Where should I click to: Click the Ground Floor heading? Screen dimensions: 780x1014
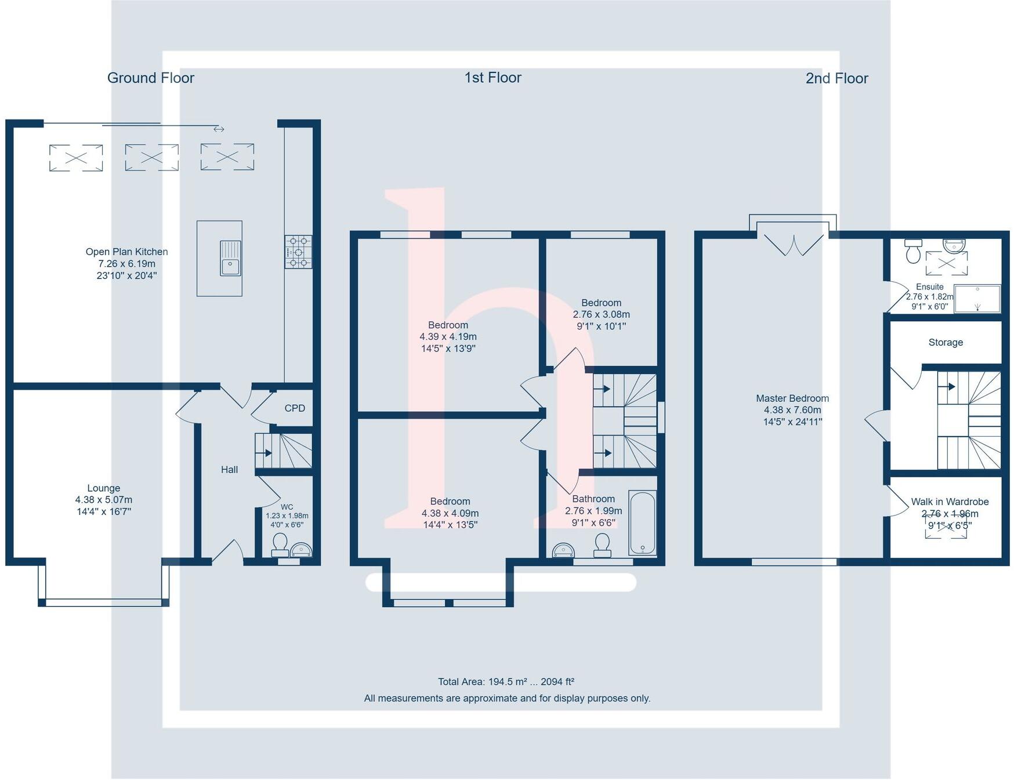(x=150, y=78)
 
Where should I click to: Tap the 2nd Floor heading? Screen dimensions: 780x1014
(x=836, y=78)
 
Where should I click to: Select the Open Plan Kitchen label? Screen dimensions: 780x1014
(x=126, y=252)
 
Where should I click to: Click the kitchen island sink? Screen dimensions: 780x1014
(x=230, y=258)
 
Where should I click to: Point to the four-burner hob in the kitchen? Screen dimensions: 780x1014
(x=298, y=252)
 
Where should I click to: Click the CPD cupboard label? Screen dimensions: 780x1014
(x=295, y=408)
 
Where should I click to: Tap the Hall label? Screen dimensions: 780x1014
(x=229, y=470)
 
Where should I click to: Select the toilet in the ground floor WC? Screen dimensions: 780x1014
(x=280, y=543)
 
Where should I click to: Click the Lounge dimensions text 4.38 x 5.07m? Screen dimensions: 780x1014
(x=103, y=500)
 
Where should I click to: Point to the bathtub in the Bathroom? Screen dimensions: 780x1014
(x=642, y=523)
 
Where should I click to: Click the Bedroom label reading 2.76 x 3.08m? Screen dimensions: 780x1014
(x=601, y=314)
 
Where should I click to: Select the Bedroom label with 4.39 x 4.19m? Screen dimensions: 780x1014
(x=448, y=336)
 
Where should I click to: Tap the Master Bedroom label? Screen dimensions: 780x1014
(x=792, y=398)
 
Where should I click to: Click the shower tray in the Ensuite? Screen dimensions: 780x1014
(x=977, y=299)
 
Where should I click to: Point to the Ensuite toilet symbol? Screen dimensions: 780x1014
(x=913, y=251)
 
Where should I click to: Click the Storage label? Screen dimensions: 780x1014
(x=945, y=343)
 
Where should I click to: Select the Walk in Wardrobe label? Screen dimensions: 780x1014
(x=949, y=502)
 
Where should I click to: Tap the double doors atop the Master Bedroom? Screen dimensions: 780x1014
(x=793, y=244)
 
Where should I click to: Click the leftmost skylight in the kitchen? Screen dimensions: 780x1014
(x=76, y=158)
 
